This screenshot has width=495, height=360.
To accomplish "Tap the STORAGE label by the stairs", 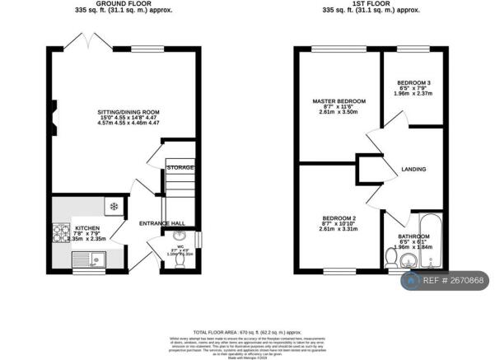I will coord(180,168).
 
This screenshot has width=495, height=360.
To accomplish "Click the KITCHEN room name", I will coord(87,227).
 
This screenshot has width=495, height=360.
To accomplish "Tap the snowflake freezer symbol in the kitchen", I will coord(114,204).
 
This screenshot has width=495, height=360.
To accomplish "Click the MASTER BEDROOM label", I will coord(339,101).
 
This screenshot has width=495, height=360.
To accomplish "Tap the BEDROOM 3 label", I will coord(413,83).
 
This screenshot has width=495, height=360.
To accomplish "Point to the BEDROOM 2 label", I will coord(339,218).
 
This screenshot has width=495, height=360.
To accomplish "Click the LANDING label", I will coord(413,170).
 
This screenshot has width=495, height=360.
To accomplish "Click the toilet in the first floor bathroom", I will coord(390,259).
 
